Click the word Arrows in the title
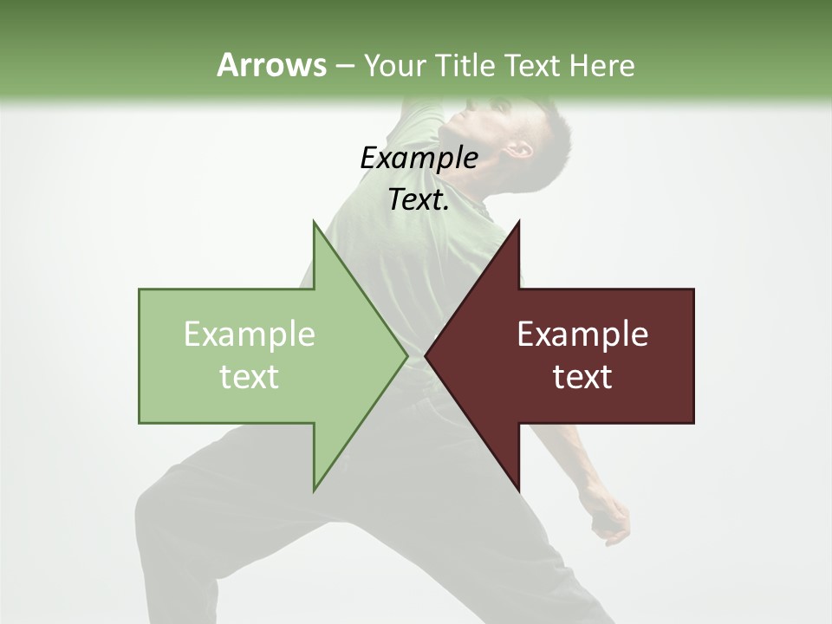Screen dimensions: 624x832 (270, 65)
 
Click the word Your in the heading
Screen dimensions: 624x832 (394, 66)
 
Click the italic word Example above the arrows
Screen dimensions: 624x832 (419, 159)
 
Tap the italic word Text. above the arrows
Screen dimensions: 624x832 (419, 200)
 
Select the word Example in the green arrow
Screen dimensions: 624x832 (250, 335)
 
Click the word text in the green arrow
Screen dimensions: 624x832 (250, 377)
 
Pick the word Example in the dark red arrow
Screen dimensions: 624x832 (582, 335)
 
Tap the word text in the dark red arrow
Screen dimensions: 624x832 (582, 377)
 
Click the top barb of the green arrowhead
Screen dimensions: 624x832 (315, 227)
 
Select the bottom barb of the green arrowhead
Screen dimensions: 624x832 (315, 485)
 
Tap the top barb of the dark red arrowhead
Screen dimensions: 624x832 (517, 227)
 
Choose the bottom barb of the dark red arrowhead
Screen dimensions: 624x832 (517, 485)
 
